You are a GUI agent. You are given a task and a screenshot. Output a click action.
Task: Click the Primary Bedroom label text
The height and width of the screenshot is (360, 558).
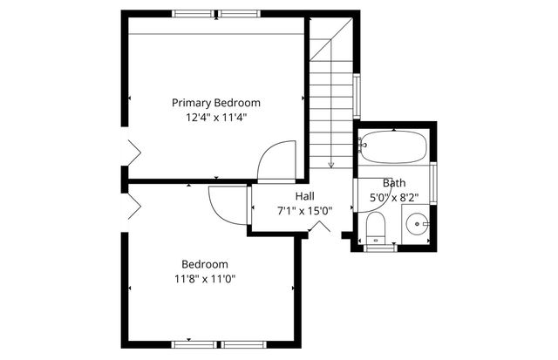tap(215, 102)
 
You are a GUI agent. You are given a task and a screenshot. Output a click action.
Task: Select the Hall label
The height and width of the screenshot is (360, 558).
tap(304, 196)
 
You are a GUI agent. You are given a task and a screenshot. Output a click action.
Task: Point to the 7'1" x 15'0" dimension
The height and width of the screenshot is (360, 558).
tap(304, 210)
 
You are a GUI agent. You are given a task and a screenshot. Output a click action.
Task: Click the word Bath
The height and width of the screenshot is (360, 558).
tap(394, 183)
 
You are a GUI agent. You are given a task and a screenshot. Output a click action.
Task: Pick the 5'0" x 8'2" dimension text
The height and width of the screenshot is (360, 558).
tap(394, 197)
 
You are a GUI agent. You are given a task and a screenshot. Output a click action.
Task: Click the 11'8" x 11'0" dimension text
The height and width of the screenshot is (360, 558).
tap(205, 279)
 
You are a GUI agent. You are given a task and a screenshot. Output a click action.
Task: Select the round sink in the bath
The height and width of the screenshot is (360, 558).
tap(419, 225)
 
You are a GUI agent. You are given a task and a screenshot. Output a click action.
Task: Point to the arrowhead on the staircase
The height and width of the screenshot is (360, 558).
tap(330, 163)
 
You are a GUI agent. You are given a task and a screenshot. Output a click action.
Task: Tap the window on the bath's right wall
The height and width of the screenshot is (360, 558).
tap(433, 174)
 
